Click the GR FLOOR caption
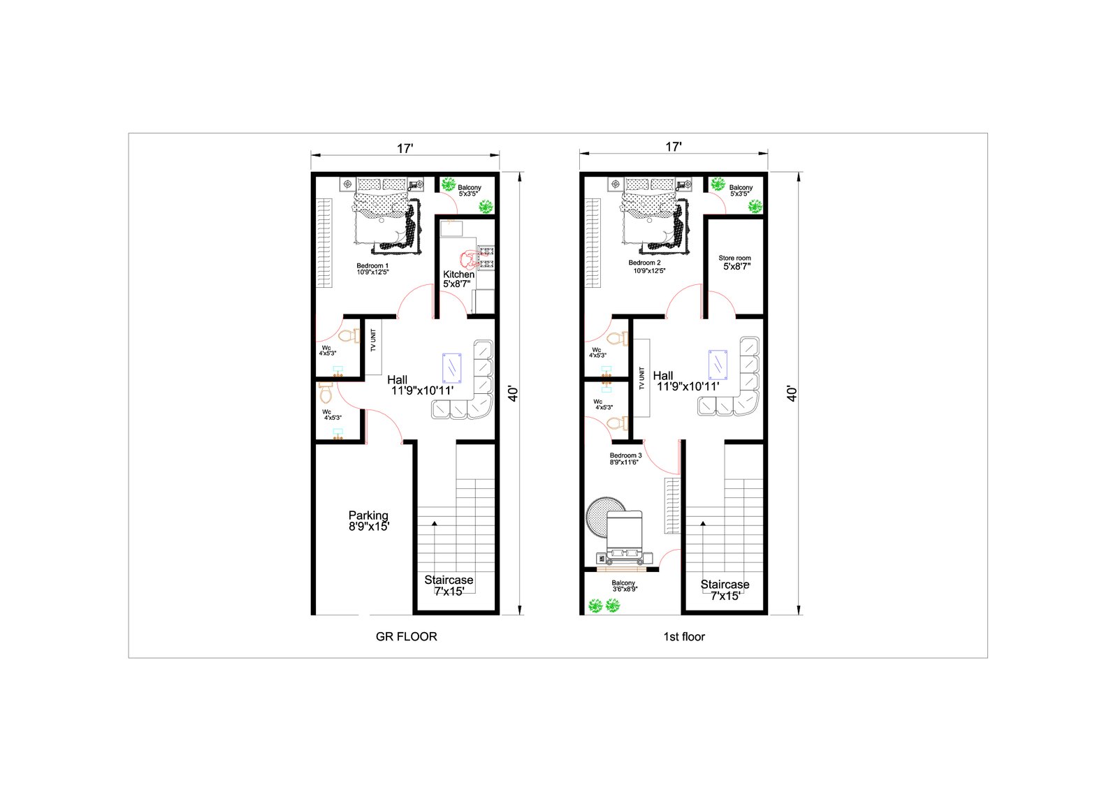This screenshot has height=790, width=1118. pyautogui.click(x=406, y=636)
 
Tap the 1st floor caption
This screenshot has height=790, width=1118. pyautogui.click(x=684, y=636)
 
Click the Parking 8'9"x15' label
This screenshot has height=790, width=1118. pyautogui.click(x=368, y=520)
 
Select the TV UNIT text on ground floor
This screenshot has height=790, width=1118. pyautogui.click(x=373, y=340)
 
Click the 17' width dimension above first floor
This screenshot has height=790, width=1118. pyautogui.click(x=674, y=147)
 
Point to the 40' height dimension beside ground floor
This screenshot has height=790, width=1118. pyautogui.click(x=513, y=393)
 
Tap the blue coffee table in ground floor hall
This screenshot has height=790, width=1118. pyautogui.click(x=451, y=368)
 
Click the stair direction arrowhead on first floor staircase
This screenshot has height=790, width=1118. pyautogui.click(x=703, y=523)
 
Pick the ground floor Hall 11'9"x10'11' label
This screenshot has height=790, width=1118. pyautogui.click(x=420, y=386)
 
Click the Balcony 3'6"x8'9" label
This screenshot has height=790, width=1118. pyautogui.click(x=624, y=585)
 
